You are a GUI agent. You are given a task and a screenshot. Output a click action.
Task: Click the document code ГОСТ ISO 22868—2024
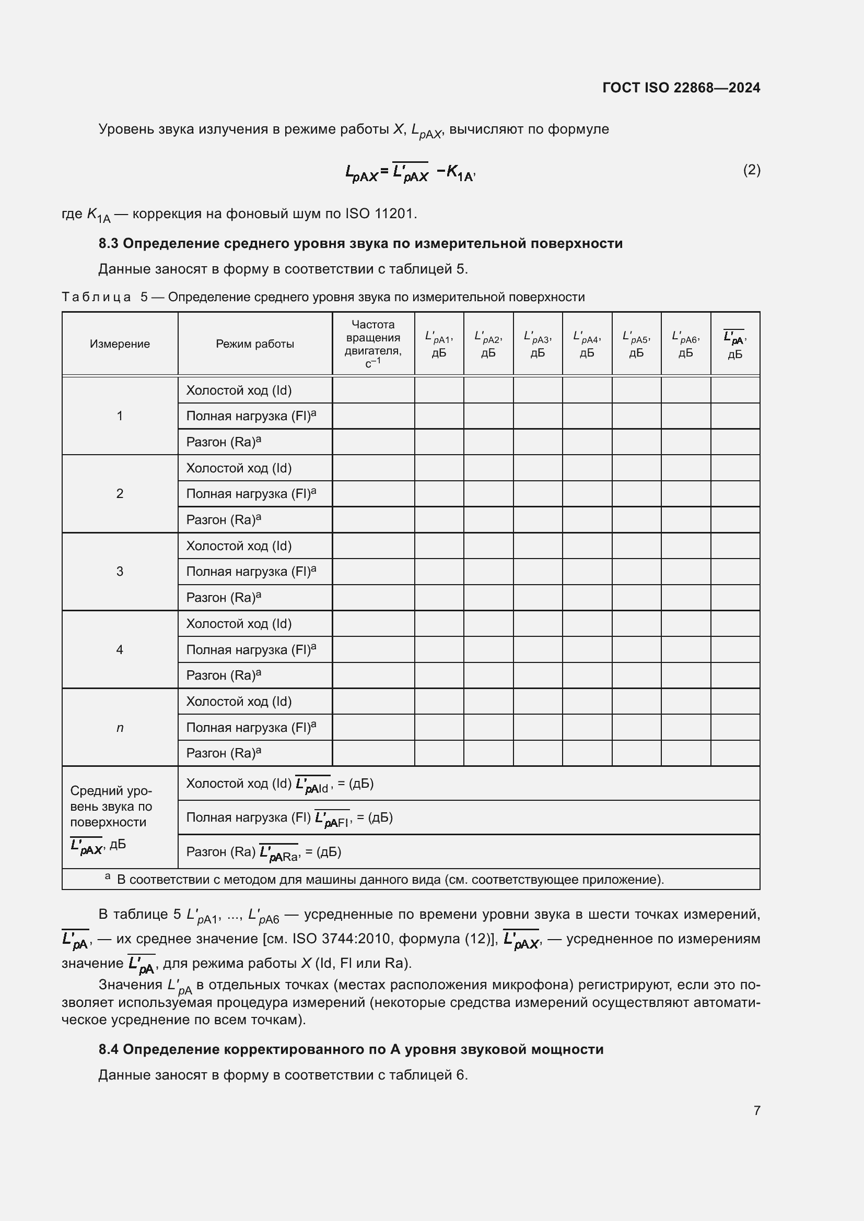coord(681,88)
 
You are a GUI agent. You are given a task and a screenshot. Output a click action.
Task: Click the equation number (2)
coord(751,170)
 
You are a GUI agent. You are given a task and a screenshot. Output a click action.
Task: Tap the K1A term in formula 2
coord(460,172)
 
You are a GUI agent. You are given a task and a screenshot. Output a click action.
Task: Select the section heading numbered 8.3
coord(360,244)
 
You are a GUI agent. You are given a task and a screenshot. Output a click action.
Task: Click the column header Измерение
coord(120,344)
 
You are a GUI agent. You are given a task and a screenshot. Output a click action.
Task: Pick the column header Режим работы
coord(255,344)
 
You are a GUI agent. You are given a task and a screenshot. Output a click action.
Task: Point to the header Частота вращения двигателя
coord(373,343)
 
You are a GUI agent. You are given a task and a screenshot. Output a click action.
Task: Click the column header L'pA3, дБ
coord(538,343)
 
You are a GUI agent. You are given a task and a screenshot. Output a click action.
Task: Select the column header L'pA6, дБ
coord(685,343)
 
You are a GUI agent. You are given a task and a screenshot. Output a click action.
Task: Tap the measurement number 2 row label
coord(120,493)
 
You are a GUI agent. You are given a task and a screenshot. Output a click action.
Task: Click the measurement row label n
coord(120,728)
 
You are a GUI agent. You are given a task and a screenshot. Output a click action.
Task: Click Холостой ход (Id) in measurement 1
coord(239,390)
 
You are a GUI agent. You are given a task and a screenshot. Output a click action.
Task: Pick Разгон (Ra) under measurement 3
coord(224,598)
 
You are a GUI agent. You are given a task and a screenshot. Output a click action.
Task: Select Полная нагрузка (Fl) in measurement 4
coord(251,649)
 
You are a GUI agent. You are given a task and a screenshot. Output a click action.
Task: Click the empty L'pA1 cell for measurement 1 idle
coord(439,390)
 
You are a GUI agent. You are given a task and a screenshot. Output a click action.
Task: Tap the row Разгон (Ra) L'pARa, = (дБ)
coord(264,852)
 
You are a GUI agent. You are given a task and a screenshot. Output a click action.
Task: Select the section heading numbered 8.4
coord(351,1049)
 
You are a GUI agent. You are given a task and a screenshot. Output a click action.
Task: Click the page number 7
coord(756,1110)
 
